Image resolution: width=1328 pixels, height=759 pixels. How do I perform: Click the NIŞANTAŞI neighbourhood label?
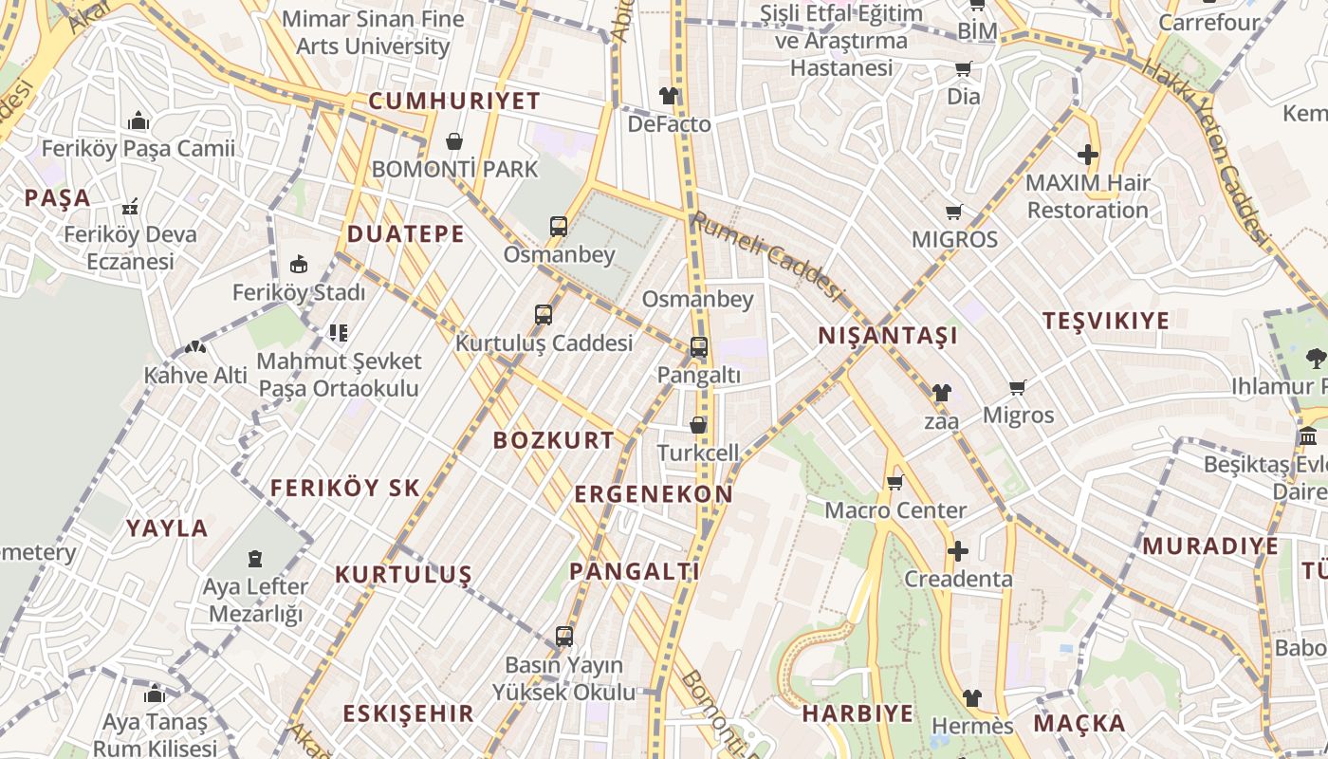pyautogui.click(x=888, y=336)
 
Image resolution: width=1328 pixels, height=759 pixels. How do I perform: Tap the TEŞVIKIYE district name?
pyautogui.click(x=1106, y=321)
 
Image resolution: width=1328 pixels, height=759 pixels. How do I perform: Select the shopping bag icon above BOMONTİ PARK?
pyautogui.click(x=454, y=141)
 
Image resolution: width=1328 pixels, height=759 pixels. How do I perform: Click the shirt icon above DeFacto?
pyautogui.click(x=669, y=96)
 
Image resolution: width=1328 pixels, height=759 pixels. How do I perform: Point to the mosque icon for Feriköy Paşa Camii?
pyautogui.click(x=138, y=120)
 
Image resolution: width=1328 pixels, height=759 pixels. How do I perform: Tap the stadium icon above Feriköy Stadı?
pyautogui.click(x=299, y=264)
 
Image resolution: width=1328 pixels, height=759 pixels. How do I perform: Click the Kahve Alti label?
pyautogui.click(x=195, y=375)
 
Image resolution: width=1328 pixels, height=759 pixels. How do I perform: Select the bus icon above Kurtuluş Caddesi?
pyautogui.click(x=544, y=314)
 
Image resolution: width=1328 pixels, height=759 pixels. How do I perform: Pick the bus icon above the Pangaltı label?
pyautogui.click(x=699, y=347)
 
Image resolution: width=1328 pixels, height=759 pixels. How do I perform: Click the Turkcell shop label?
pyautogui.click(x=698, y=453)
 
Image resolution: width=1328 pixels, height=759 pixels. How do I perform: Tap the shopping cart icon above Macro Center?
pyautogui.click(x=895, y=483)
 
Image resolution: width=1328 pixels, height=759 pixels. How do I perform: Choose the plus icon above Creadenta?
pyautogui.click(x=958, y=551)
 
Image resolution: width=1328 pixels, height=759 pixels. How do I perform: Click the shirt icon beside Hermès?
pyautogui.click(x=971, y=698)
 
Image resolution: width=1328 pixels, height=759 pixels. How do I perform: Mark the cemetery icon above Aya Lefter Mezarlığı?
pyautogui.click(x=255, y=558)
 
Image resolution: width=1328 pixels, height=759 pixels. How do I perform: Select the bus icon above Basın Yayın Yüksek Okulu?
pyautogui.click(x=564, y=636)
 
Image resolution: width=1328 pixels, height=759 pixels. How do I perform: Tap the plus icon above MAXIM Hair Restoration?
pyautogui.click(x=1088, y=155)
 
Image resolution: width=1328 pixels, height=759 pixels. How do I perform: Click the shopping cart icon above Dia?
pyautogui.click(x=964, y=68)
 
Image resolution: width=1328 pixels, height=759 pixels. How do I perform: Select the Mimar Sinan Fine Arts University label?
pyautogui.click(x=373, y=32)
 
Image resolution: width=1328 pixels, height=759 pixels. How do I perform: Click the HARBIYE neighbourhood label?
pyautogui.click(x=858, y=713)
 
